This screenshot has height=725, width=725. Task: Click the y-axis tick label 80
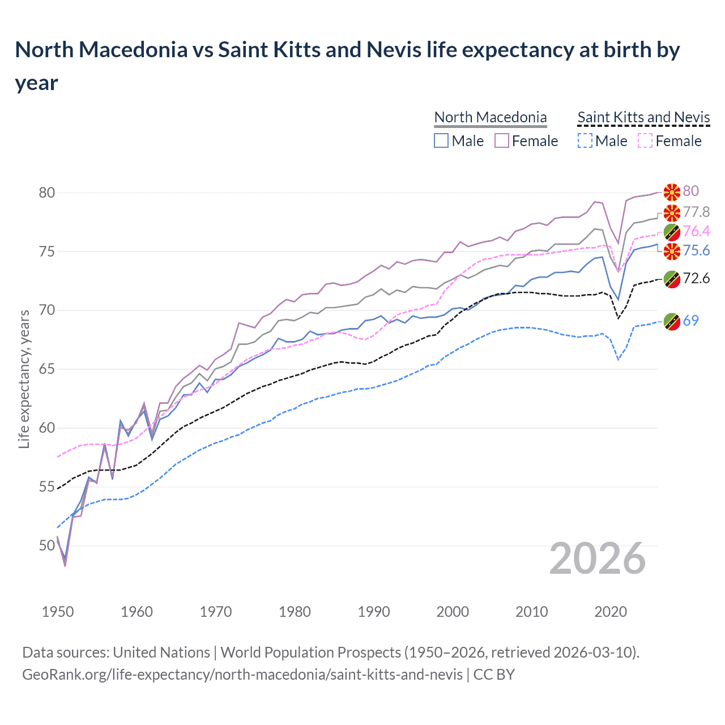point(47,193)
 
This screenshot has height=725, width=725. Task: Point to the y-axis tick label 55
point(47,487)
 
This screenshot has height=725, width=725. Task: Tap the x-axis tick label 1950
point(58,612)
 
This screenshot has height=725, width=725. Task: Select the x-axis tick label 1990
point(374,612)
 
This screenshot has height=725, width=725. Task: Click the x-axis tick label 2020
point(611,612)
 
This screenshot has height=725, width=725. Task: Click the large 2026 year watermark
point(597,559)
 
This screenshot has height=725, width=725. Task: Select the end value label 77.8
point(696,212)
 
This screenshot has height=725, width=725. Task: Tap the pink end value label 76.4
point(696,231)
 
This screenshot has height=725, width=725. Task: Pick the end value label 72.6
point(696,278)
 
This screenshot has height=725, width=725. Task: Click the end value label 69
point(690,321)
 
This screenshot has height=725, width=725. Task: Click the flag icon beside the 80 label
point(672,192)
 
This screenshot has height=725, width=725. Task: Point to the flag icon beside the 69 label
point(672,321)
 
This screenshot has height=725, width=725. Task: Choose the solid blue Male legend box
point(441,140)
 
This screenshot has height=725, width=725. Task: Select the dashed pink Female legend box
point(645,140)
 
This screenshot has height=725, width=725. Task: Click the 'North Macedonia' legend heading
point(491,117)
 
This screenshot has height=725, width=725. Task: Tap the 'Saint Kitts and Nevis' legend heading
point(643,117)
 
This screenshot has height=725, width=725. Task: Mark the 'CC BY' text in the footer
point(494,675)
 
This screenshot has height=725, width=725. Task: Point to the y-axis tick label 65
point(47,369)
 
